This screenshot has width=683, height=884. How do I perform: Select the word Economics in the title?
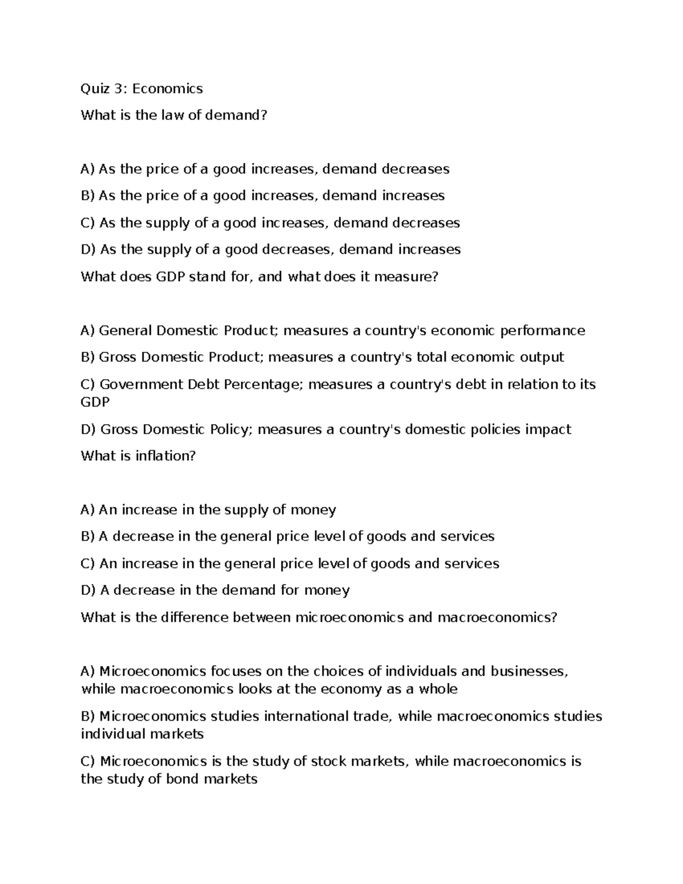[167, 89]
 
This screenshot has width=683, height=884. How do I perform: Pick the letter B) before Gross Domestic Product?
[88, 357]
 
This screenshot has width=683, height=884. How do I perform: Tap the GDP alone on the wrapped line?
[95, 402]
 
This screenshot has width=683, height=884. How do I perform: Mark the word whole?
[438, 689]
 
